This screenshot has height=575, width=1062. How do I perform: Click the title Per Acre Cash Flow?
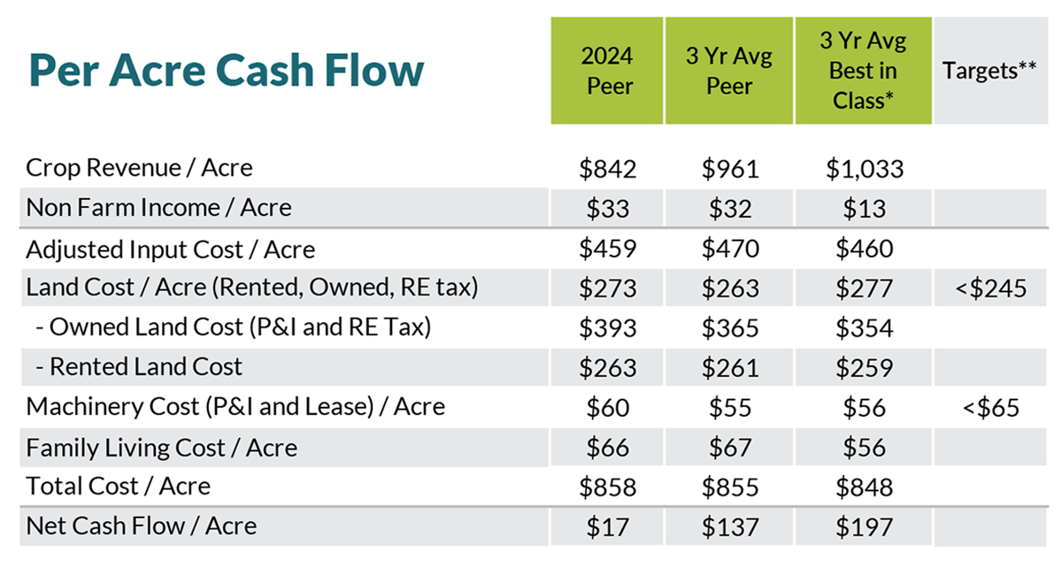tap(227, 70)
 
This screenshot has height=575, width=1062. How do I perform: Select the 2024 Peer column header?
tap(607, 71)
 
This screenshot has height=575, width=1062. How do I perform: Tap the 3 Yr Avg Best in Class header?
tap(864, 71)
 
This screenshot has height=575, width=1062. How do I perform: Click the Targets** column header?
tap(990, 71)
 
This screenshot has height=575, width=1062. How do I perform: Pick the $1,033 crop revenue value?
tap(865, 169)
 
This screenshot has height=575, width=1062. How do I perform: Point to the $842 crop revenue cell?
tap(607, 169)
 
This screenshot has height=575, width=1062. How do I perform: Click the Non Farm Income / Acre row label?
tap(158, 208)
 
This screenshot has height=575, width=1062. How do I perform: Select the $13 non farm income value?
tap(864, 209)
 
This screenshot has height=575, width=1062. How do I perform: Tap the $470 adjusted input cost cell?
tap(730, 249)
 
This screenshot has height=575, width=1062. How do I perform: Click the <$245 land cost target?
tap(990, 288)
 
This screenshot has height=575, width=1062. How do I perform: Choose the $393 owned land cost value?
tap(607, 328)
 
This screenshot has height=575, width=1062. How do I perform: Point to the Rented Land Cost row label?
tap(139, 366)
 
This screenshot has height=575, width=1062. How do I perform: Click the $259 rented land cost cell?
tap(864, 368)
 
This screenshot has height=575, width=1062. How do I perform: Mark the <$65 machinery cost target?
tap(990, 408)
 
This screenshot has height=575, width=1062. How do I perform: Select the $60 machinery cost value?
tap(607, 408)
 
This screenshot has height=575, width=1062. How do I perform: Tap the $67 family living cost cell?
tap(730, 448)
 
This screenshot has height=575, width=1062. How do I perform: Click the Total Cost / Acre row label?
tap(118, 486)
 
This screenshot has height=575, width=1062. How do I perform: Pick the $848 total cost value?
tap(864, 487)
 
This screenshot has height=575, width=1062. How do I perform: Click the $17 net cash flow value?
tap(607, 527)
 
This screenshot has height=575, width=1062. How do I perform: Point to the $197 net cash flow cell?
tap(864, 527)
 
